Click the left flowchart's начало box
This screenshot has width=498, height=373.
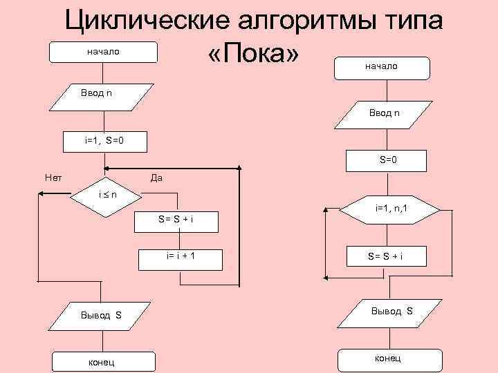[x=102, y=52]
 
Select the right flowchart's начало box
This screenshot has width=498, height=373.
[x=381, y=67]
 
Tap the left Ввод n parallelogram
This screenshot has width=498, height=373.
[x=103, y=94]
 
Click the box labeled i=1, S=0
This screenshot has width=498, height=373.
[x=104, y=141]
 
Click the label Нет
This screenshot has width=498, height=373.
[x=53, y=178]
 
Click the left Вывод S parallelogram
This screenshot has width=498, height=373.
[x=102, y=316]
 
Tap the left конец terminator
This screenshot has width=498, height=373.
[x=102, y=361]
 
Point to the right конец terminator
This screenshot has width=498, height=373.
[x=387, y=358]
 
